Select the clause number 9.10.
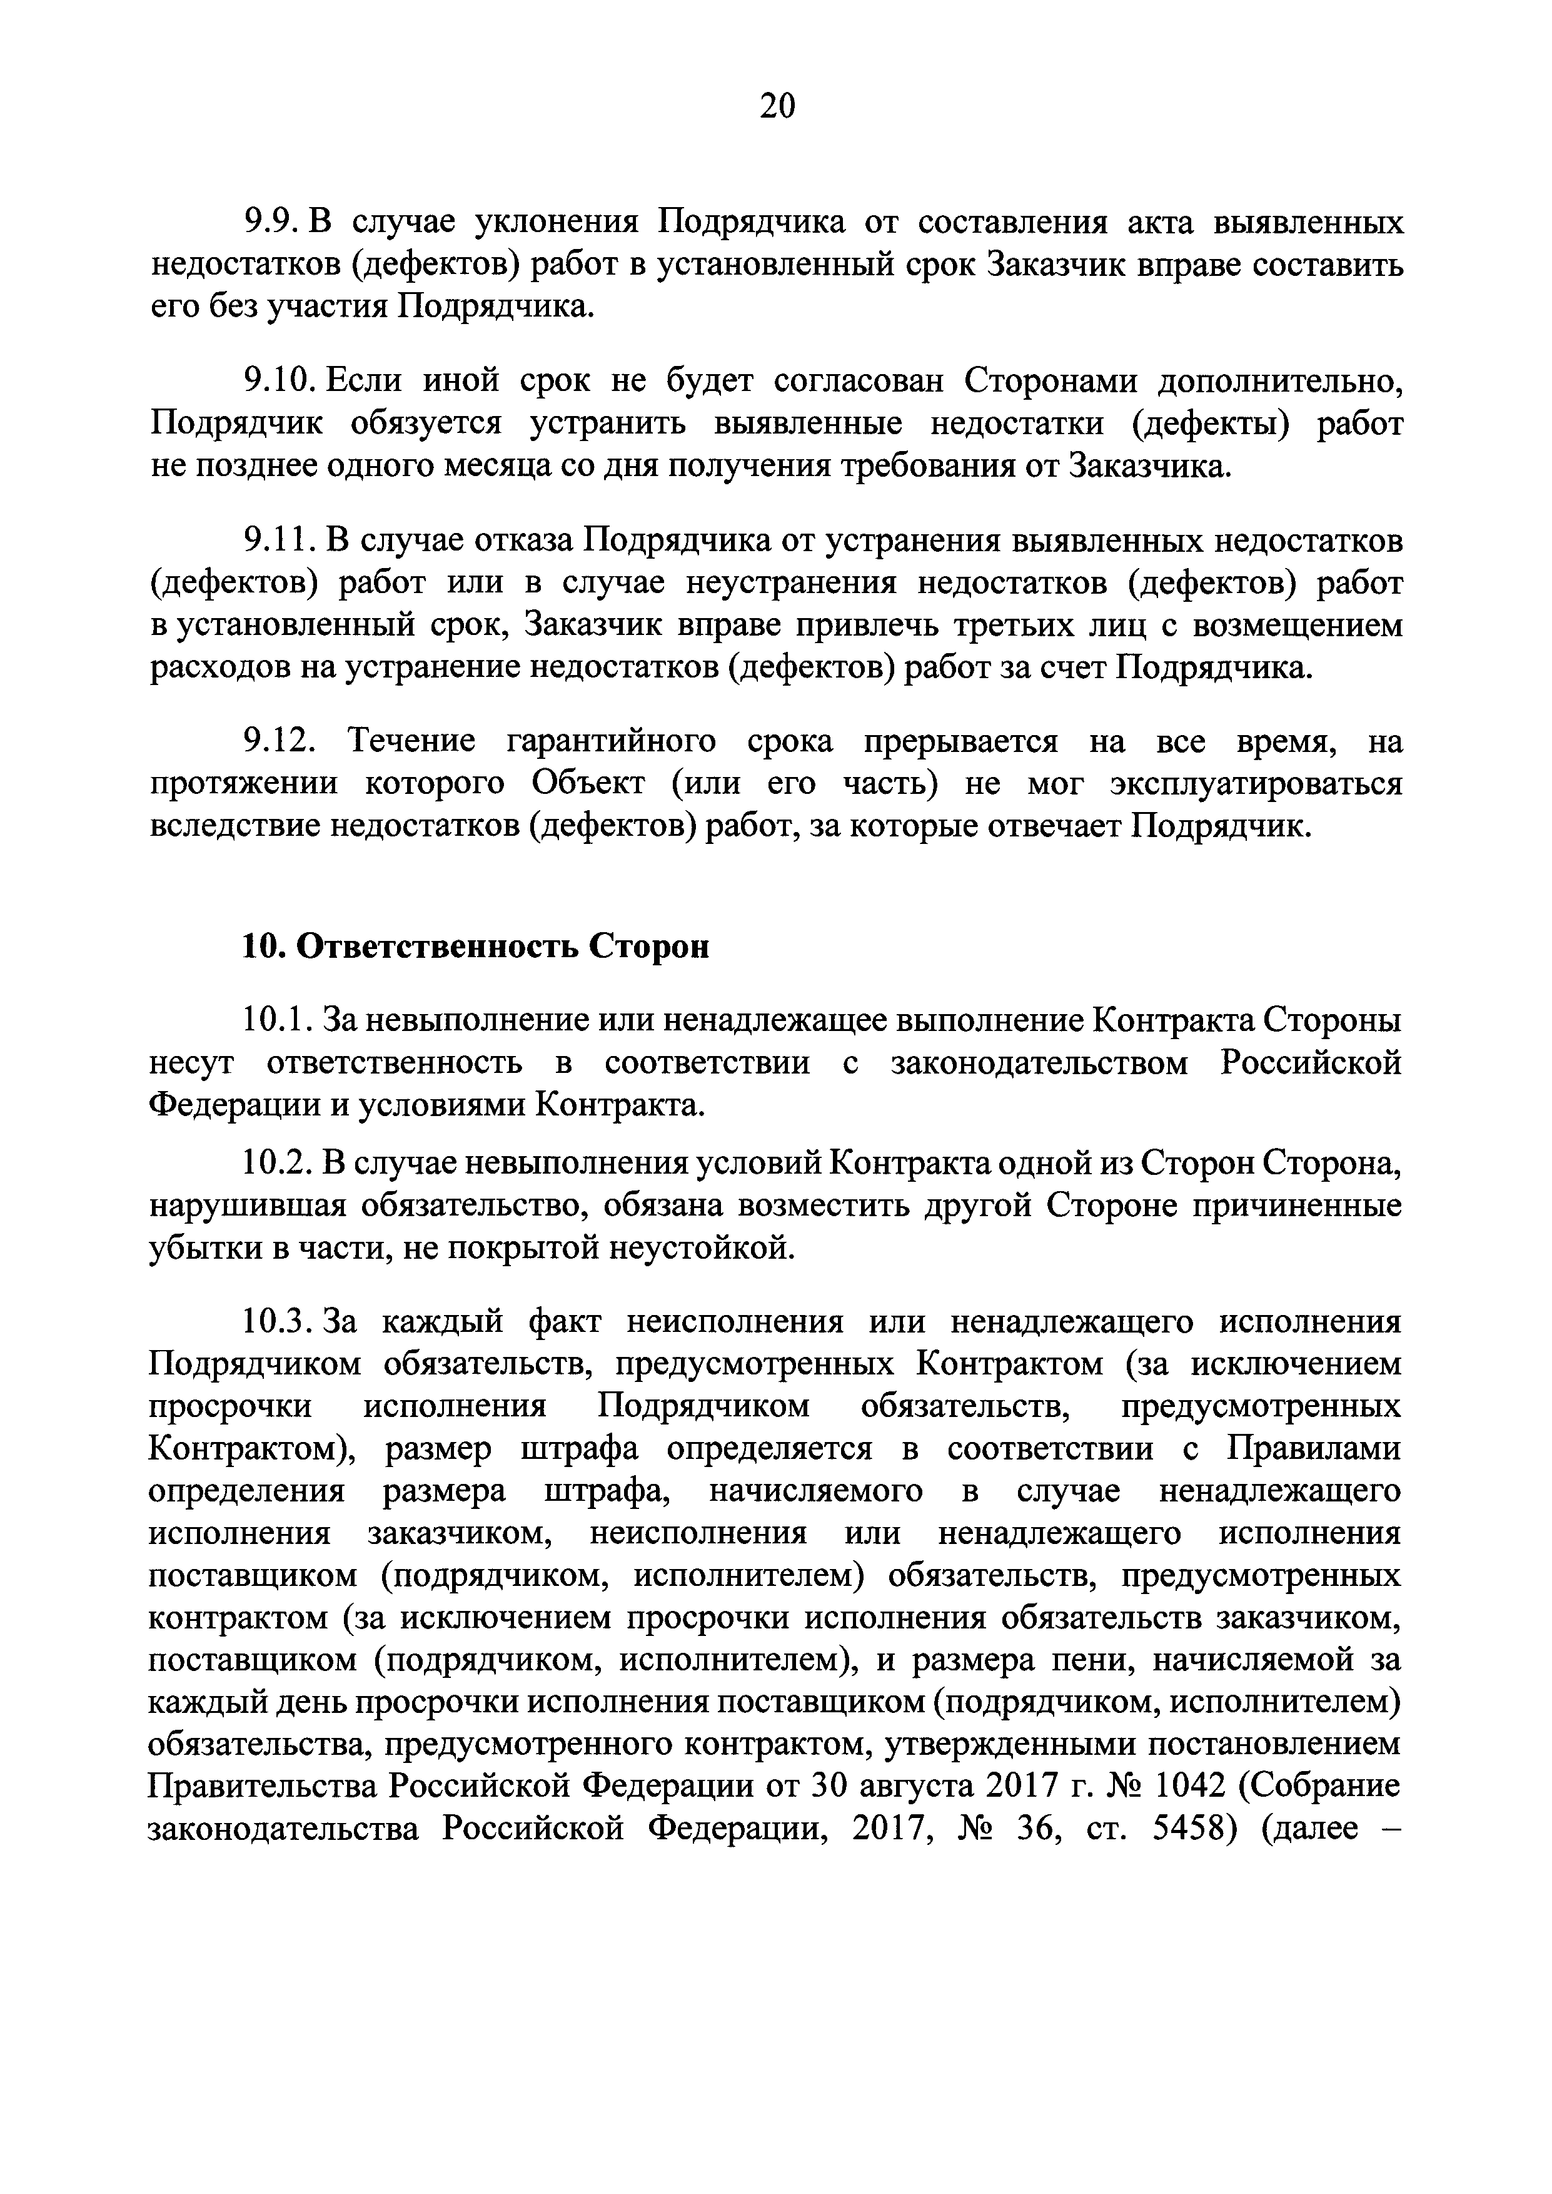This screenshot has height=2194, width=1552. coord(278,382)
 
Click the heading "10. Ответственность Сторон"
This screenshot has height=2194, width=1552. coord(475,947)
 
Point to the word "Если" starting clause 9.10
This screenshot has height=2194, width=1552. coord(360,382)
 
